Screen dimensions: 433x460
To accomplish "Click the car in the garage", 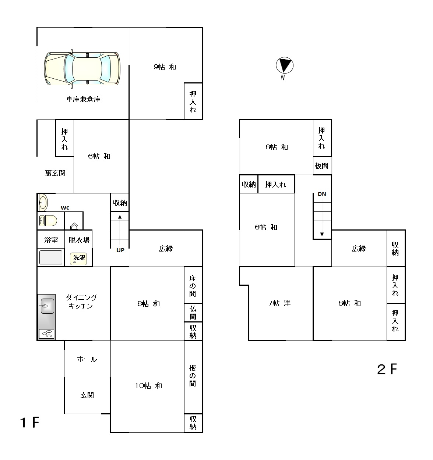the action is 82,69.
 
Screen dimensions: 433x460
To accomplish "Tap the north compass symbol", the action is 285,65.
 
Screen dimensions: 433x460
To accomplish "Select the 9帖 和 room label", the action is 165,67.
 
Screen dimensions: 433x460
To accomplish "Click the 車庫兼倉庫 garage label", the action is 83,99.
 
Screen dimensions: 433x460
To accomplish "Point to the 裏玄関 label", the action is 55,173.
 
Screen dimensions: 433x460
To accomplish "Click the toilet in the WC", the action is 48,221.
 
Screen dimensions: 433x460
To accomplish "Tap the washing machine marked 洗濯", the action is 79,259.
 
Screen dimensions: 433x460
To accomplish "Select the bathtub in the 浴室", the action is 51,257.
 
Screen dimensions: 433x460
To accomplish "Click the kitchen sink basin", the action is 47,306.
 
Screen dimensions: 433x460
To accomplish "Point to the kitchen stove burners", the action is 47,334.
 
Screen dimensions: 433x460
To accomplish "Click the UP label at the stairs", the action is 120,250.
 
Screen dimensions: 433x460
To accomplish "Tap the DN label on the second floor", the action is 322,194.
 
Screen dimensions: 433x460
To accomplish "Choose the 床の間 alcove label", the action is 193,286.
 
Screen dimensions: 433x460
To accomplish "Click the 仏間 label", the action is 193,313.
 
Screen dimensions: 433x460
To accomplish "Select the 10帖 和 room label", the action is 148,386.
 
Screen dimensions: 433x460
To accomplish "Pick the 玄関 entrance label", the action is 87,395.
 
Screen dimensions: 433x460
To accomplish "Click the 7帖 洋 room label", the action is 279,303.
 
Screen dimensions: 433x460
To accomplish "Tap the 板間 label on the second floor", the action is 321,165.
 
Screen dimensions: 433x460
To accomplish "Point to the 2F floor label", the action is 387,369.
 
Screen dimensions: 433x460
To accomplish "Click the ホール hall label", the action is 87,359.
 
